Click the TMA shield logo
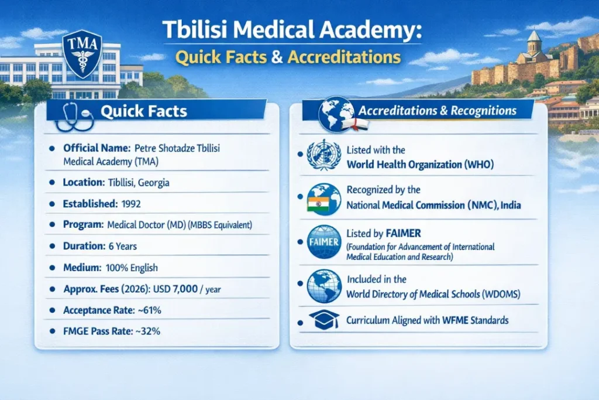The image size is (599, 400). point(82,55)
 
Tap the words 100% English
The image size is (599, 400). point(131,268)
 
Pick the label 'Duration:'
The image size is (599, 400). point(84,247)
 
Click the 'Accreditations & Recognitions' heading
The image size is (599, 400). point(437,111)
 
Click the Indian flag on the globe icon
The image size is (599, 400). point(315,204)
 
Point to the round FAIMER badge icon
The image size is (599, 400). point(323,241)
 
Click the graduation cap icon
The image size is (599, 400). point(323,320)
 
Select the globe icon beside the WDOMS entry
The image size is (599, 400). point(324,285)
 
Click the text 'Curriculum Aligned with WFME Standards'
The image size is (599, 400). point(427,320)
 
